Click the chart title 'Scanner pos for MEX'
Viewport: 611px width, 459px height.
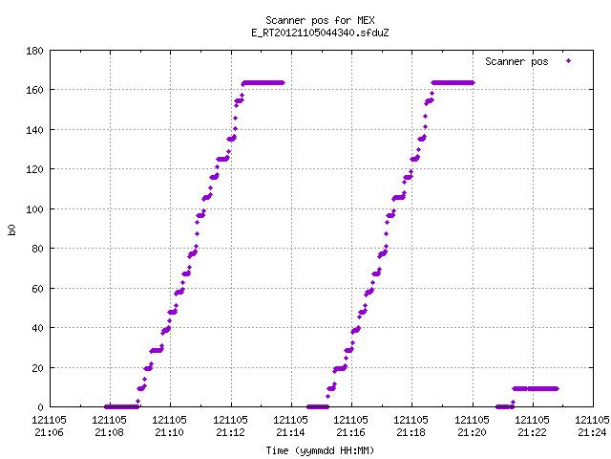pyautogui.click(x=320, y=20)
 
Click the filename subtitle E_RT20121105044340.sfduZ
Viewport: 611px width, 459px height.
pyautogui.click(x=320, y=33)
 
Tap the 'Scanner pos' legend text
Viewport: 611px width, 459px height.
pyautogui.click(x=516, y=61)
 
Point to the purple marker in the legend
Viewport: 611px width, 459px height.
pyautogui.click(x=569, y=61)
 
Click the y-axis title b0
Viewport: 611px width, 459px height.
pyautogui.click(x=11, y=229)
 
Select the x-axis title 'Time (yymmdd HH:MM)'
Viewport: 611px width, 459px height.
pyautogui.click(x=320, y=450)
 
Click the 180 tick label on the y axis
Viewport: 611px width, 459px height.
pyautogui.click(x=34, y=51)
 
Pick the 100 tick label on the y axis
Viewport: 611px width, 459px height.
pyautogui.click(x=34, y=209)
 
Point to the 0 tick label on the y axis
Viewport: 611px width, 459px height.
pyautogui.click(x=40, y=407)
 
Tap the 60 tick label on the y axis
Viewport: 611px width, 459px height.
pyautogui.click(x=37, y=289)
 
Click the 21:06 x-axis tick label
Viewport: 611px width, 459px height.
pyautogui.click(x=49, y=432)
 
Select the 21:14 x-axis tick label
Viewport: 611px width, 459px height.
pyautogui.click(x=290, y=432)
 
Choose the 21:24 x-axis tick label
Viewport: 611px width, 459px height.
pyautogui.click(x=592, y=432)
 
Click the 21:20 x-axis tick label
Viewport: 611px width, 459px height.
pyautogui.click(x=472, y=432)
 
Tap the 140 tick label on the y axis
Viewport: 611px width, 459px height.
pyautogui.click(x=34, y=130)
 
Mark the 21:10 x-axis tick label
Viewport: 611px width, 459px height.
pyautogui.click(x=170, y=432)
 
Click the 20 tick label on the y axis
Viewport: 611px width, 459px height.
pyautogui.click(x=37, y=367)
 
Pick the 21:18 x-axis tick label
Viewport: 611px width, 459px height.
pyautogui.click(x=411, y=432)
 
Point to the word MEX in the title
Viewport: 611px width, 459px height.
pyautogui.click(x=366, y=20)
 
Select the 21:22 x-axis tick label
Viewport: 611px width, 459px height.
pyautogui.click(x=533, y=432)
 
